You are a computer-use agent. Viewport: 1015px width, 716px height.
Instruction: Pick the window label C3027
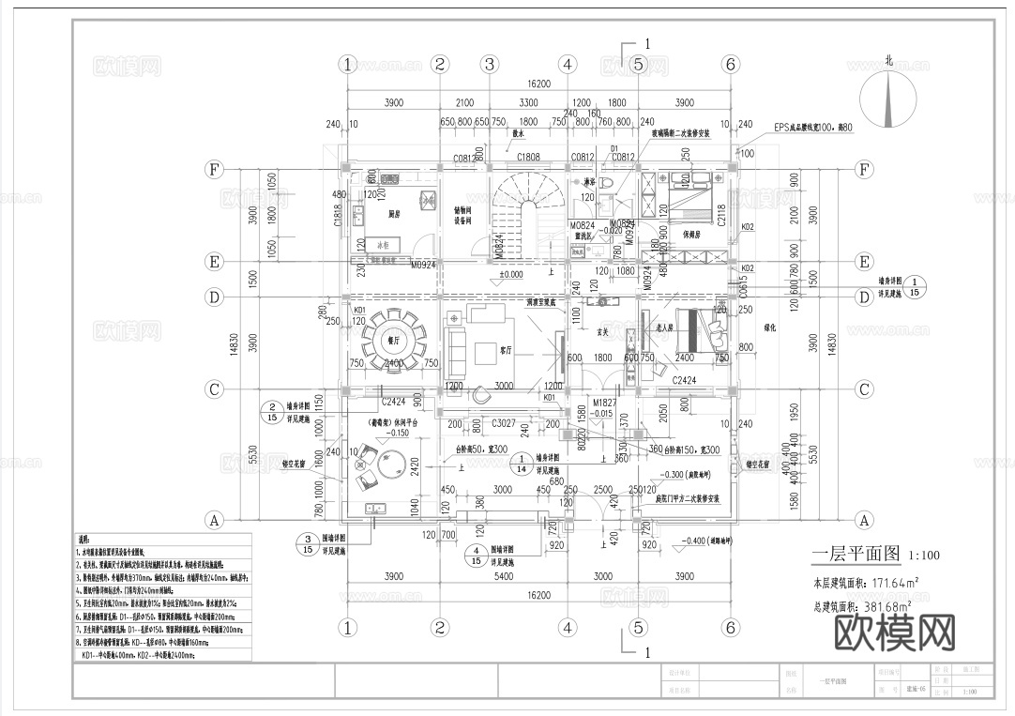[506, 424]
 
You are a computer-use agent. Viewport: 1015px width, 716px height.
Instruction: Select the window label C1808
[528, 157]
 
